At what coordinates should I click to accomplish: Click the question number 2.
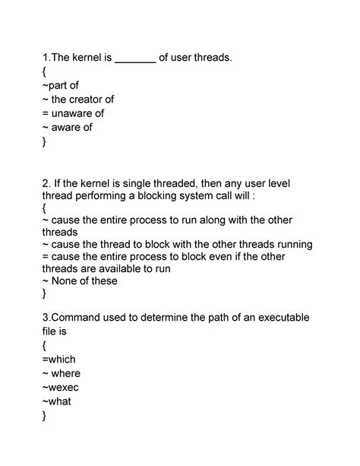(46, 183)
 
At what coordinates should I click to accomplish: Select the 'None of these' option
(84, 281)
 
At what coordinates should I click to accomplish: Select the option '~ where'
(62, 373)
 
